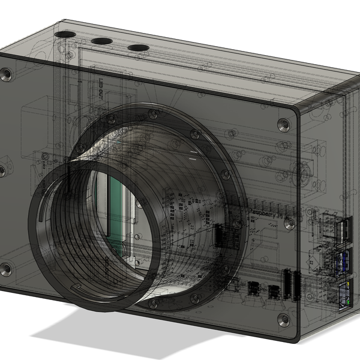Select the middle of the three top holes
(x=101, y=41)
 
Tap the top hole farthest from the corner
(x=138, y=47)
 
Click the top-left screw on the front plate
(x=7, y=75)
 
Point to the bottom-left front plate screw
(x=5, y=269)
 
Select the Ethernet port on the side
(x=344, y=293)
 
